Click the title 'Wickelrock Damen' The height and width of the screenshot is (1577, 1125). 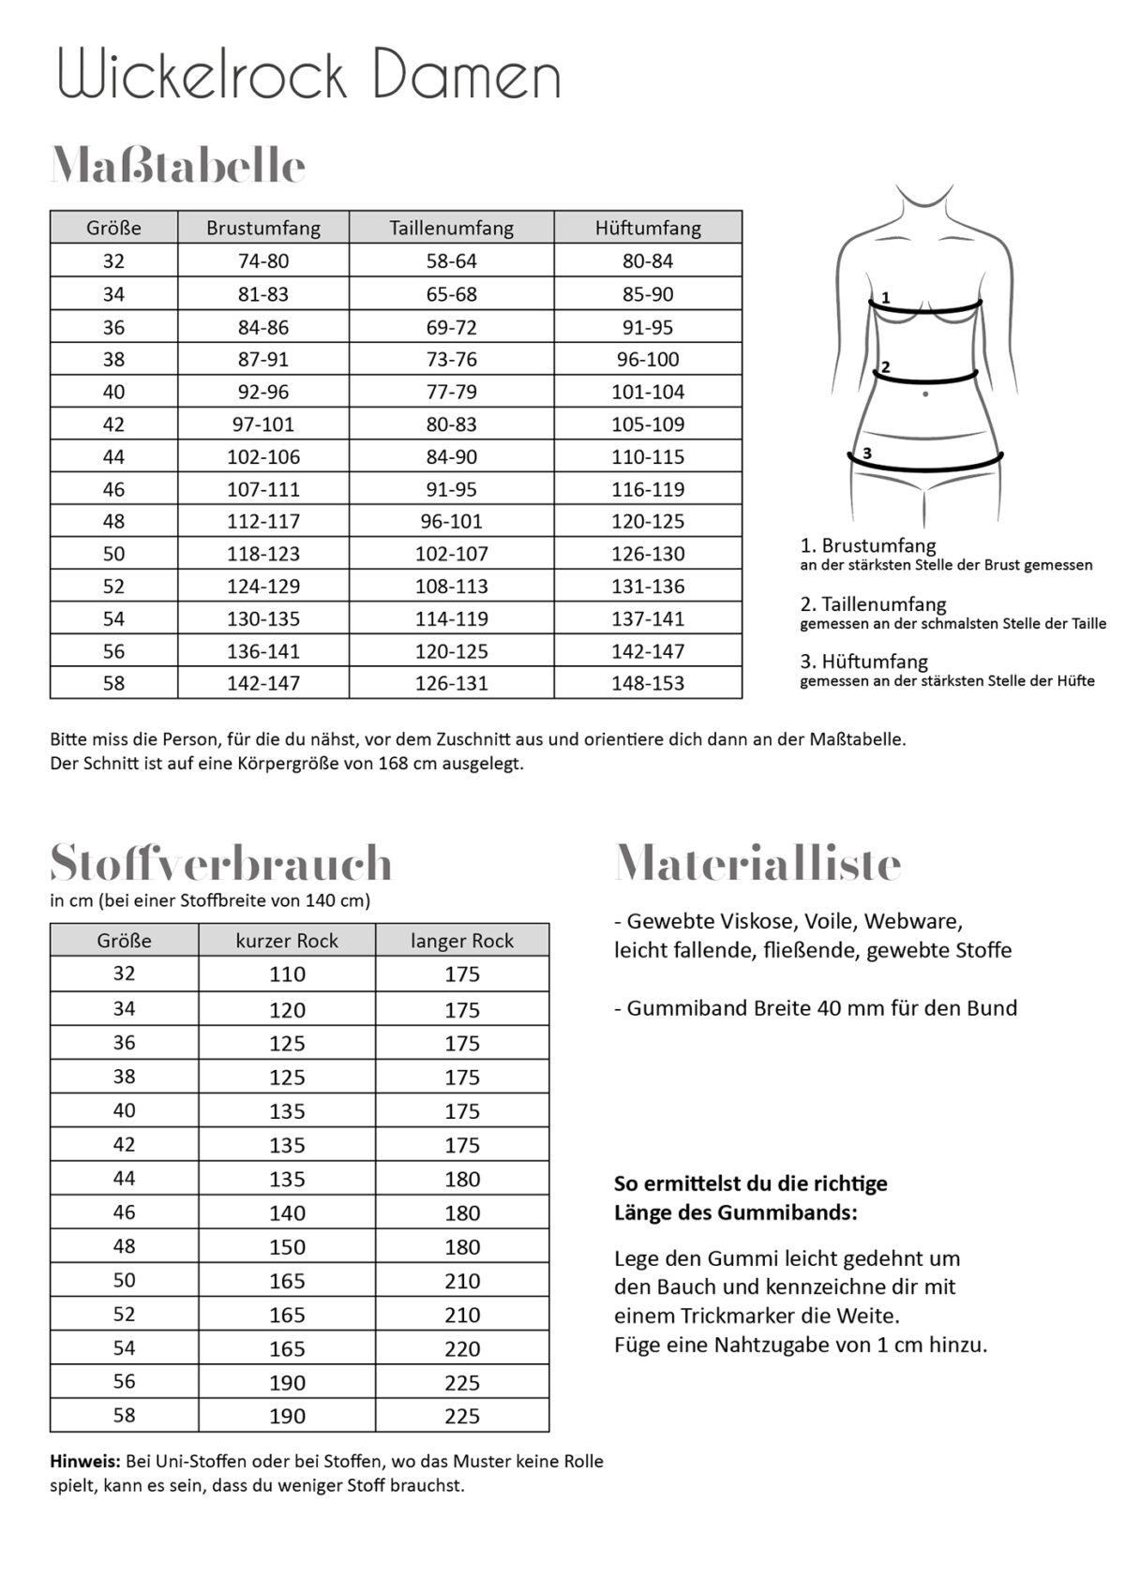tap(309, 76)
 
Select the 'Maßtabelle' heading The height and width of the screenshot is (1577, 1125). tap(178, 167)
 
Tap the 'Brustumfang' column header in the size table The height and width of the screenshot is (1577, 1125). tap(263, 228)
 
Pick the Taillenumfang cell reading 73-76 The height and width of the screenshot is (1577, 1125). tap(452, 360)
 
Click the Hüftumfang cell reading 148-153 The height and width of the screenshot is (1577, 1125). tap(648, 683)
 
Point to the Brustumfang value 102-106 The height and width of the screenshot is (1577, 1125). tap(263, 457)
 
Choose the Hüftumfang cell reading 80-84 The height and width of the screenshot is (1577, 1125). tap(648, 261)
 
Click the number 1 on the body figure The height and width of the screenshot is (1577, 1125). tap(885, 298)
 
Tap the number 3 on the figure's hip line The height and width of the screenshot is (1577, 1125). tap(867, 454)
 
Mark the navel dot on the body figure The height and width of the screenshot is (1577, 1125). tap(925, 394)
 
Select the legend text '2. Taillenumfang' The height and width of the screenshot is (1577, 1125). tap(874, 604)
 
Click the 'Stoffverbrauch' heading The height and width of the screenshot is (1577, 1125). tap(221, 863)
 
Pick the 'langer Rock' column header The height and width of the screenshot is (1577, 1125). tap(462, 941)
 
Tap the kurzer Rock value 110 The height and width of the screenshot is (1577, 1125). tap(287, 974)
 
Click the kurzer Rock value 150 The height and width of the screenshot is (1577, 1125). tap(287, 1247)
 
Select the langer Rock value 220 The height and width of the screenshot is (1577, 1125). tap(462, 1349)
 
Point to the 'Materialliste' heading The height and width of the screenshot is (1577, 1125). tap(757, 863)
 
